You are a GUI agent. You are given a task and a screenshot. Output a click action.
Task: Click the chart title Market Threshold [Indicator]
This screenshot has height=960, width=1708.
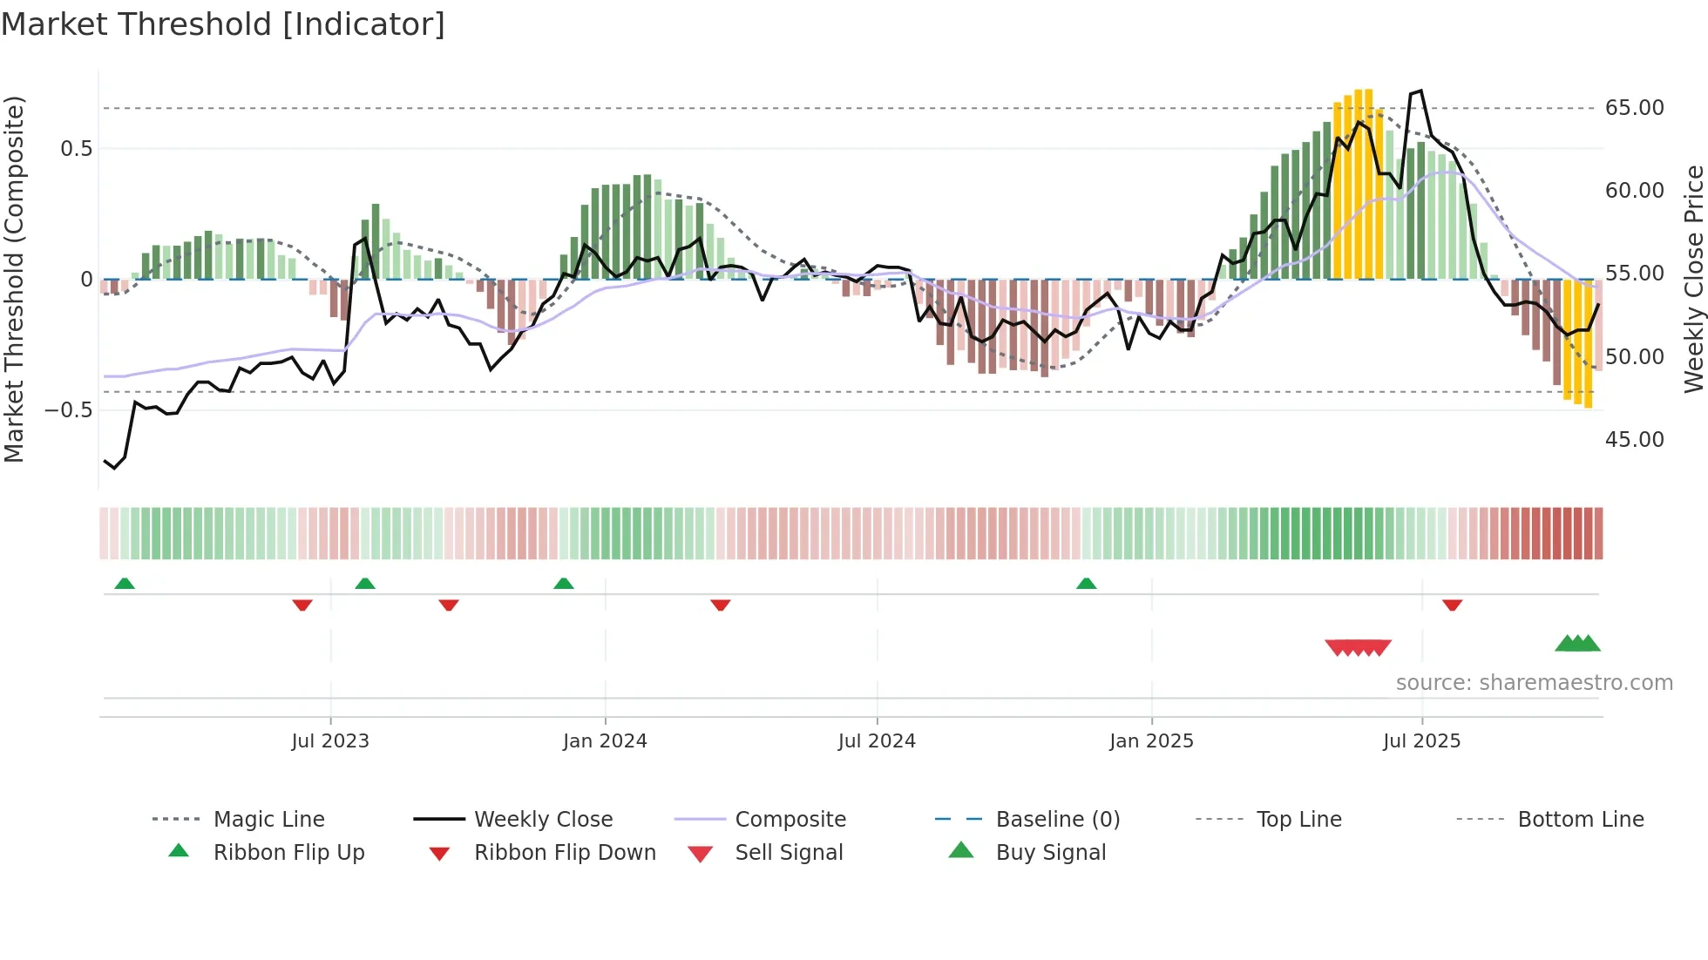click(223, 24)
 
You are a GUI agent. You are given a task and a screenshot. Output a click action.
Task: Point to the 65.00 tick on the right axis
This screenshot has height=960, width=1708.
click(1634, 108)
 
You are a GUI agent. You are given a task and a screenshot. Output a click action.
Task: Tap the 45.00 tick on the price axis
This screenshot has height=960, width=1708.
click(1634, 440)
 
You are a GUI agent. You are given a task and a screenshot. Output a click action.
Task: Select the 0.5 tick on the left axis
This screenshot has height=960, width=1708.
click(76, 149)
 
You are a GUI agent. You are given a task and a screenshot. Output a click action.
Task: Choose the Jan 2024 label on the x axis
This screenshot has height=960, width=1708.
click(605, 741)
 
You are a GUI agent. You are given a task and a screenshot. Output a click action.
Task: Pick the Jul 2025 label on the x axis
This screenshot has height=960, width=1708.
click(1421, 741)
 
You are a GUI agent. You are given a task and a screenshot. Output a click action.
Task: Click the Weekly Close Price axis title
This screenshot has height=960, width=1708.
click(1693, 279)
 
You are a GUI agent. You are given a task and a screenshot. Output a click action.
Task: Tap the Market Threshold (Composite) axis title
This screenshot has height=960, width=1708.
click(14, 279)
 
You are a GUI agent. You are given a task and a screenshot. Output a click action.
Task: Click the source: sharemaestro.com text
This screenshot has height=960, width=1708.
click(1534, 683)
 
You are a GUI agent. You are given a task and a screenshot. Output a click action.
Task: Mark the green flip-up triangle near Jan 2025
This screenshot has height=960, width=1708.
click(1086, 584)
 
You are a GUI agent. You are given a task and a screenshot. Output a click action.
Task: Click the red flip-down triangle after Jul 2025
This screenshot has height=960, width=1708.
click(1452, 605)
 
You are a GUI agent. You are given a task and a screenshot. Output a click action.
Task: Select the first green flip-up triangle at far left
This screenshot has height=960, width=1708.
click(125, 584)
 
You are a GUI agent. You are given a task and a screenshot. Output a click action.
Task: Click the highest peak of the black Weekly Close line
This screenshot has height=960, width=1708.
click(1421, 91)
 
